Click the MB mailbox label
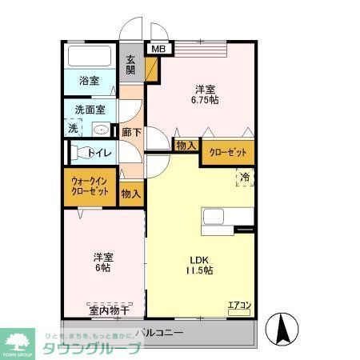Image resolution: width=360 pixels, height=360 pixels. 158,50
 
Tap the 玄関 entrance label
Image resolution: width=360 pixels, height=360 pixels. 130,64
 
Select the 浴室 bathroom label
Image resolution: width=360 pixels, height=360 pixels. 88,80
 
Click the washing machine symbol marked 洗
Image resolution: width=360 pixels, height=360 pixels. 73,128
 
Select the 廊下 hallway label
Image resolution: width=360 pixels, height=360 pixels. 130,132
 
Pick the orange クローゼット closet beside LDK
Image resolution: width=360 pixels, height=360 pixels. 228,151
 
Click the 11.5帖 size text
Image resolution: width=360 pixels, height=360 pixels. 200,271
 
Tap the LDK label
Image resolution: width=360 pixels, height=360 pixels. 198,258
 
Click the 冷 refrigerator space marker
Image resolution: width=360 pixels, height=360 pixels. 245,177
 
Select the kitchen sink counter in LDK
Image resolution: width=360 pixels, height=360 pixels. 227,217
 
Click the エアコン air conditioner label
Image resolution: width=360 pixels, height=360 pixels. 240,304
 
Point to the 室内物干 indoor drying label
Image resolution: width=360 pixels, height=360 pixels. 103,310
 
